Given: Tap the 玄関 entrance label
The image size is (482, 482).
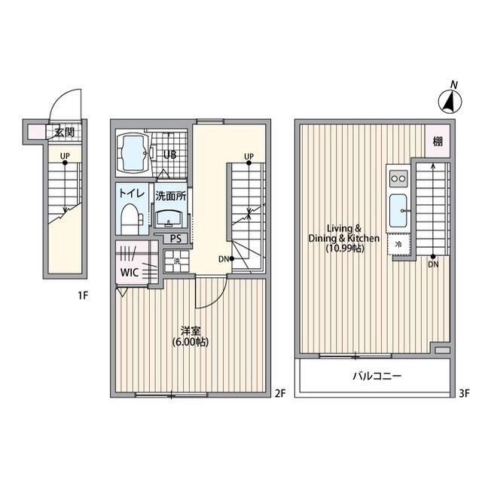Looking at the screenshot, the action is tap(65, 133).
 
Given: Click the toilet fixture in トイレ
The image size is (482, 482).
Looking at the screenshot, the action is tap(131, 218).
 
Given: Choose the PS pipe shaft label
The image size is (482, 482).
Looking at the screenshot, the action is tap(175, 239).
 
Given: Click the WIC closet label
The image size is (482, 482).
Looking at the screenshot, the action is tap(129, 273).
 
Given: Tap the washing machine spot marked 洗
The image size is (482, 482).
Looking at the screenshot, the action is tap(177, 261).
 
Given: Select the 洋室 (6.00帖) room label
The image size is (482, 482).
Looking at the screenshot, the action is tap(191, 337).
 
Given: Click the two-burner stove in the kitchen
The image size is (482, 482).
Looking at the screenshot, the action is tap(398, 178).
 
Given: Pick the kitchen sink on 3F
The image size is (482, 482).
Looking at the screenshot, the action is tap(398, 211).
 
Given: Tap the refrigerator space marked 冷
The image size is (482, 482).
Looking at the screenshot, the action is tap(398, 244).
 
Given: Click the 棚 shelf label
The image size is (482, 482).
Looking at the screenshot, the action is tap(438, 142).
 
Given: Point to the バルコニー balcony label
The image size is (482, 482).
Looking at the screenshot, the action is tap(377, 376).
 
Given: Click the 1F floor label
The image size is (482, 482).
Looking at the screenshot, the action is tap(83, 296).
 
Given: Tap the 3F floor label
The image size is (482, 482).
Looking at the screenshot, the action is tap(464, 393).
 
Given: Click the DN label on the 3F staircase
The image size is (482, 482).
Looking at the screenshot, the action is tap(433, 264).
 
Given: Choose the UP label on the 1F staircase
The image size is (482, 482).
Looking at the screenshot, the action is tap(65, 156).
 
